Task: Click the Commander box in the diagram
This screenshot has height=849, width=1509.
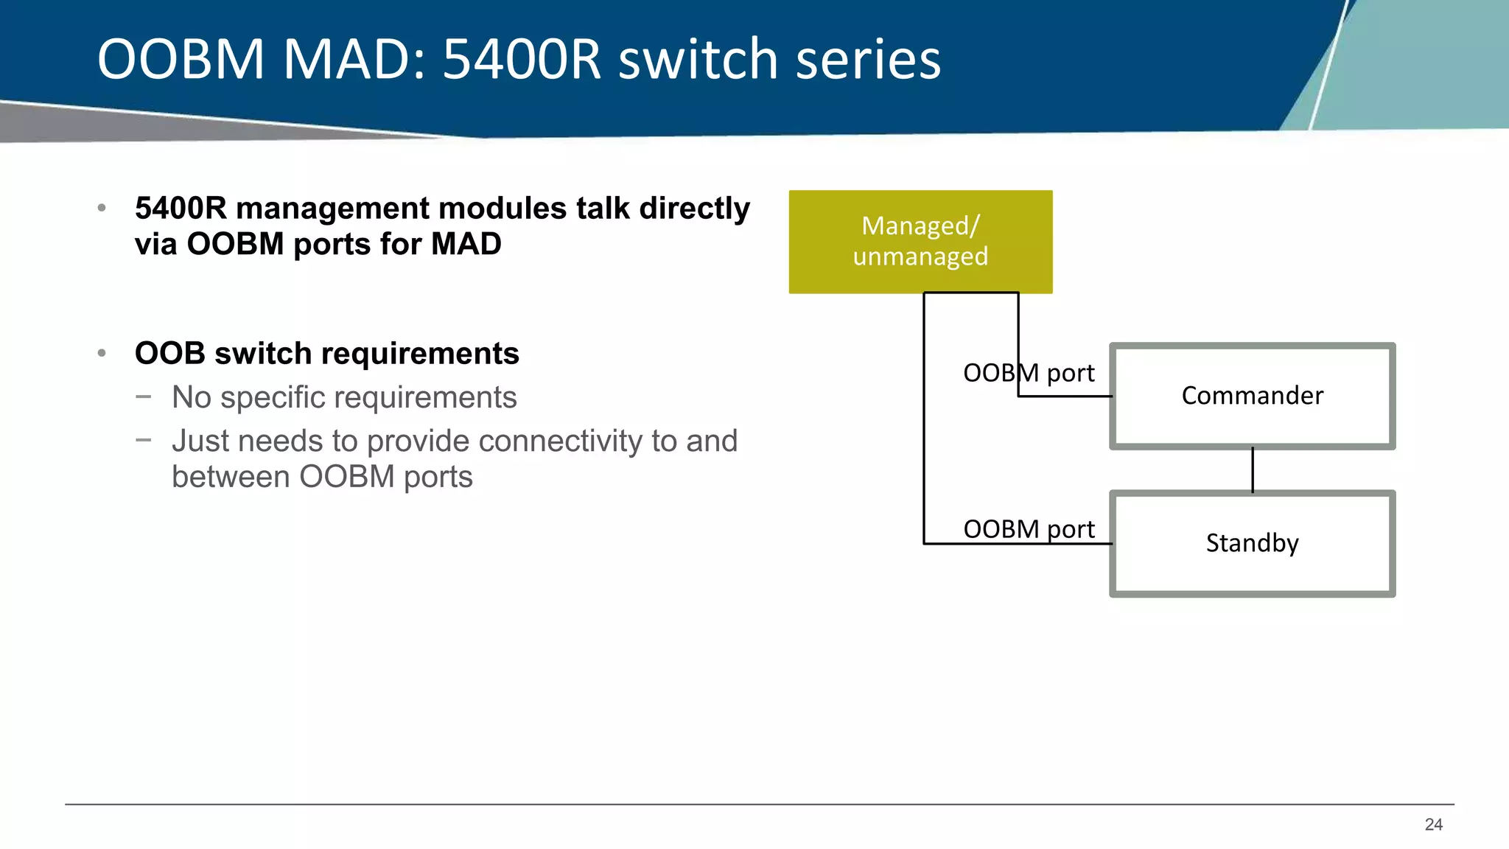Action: coord(1252,396)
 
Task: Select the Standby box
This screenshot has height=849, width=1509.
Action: coord(1252,543)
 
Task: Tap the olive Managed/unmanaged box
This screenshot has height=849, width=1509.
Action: coord(920,242)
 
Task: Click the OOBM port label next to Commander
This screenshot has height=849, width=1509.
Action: coord(1029,373)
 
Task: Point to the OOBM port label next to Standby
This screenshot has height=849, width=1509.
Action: coord(1029,529)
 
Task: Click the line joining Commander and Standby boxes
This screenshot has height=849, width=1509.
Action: coord(1252,469)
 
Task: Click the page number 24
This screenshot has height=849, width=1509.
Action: coord(1433,825)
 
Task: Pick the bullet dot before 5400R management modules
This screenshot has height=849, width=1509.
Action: coord(102,209)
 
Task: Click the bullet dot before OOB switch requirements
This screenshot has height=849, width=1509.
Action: coord(102,354)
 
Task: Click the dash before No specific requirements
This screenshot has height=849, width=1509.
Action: coord(144,396)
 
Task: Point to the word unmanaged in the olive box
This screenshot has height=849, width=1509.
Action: coord(920,256)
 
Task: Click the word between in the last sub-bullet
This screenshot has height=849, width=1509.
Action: coord(231,477)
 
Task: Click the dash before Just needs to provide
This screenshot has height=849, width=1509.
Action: coord(144,440)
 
